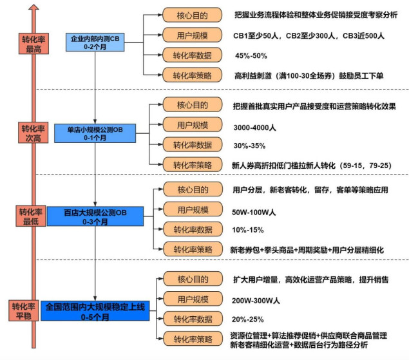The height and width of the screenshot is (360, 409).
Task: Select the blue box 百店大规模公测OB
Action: pyautogui.click(x=95, y=216)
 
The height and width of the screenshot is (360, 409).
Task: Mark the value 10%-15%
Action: pyautogui.click(x=247, y=230)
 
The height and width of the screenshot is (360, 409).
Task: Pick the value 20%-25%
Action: pyautogui.click(x=247, y=319)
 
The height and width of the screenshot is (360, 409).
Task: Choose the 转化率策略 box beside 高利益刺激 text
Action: pyautogui.click(x=192, y=75)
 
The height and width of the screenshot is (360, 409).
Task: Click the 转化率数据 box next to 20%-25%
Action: pyautogui.click(x=192, y=319)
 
